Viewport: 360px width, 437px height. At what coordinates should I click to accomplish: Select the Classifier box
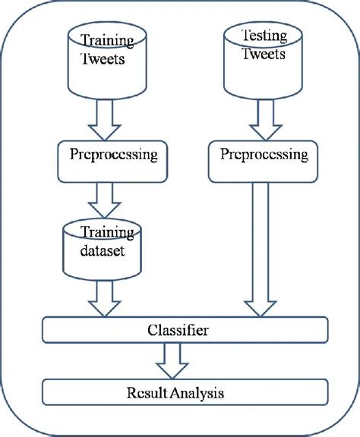pyautogui.click(x=185, y=330)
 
